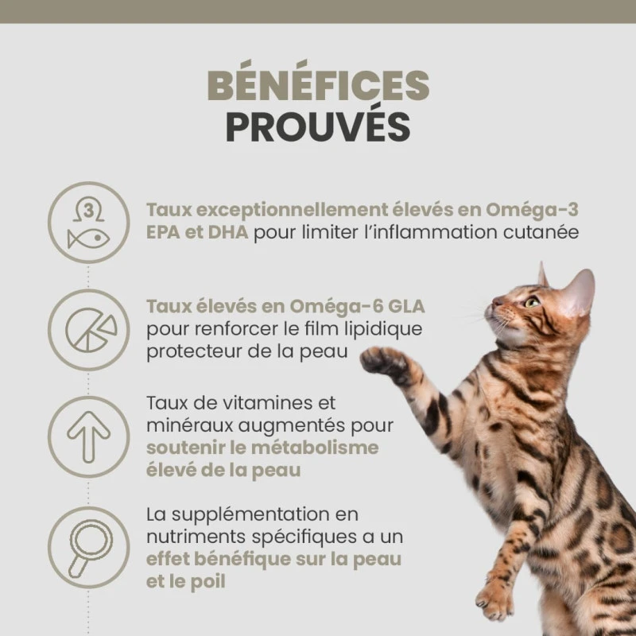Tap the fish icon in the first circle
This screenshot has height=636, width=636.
point(88,239)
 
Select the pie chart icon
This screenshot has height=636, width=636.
point(91,330)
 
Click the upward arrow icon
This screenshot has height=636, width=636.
point(88,436)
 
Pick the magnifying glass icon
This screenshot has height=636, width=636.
point(90,549)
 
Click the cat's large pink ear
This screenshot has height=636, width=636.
point(579,291)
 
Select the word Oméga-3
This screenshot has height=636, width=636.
point(532,210)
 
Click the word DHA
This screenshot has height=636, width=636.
point(228,232)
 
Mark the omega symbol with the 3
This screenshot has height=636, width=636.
point(88,211)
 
